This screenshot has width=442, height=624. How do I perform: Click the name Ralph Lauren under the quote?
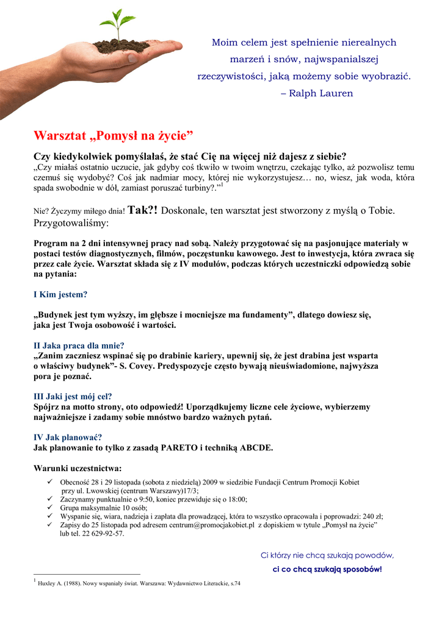321,93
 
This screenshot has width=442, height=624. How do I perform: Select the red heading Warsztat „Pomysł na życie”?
113,134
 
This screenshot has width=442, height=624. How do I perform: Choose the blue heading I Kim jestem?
60,294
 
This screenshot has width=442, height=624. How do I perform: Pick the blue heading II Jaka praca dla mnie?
79,346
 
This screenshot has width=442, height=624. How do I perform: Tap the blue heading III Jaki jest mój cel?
73,396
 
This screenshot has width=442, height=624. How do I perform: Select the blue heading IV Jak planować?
67,437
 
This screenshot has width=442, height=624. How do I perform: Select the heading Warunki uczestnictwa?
78,469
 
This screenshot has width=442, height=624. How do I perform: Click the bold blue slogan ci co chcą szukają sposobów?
327,569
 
